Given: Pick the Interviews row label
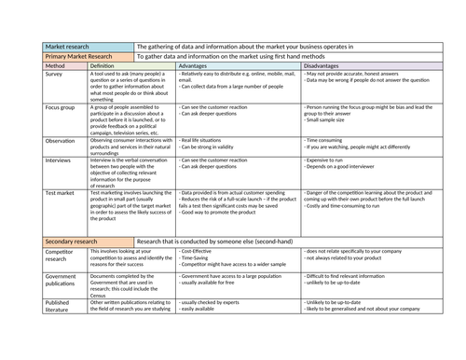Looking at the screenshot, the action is (60, 159).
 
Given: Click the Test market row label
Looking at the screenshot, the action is (61, 191).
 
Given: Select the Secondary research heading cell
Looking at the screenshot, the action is (75, 242).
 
